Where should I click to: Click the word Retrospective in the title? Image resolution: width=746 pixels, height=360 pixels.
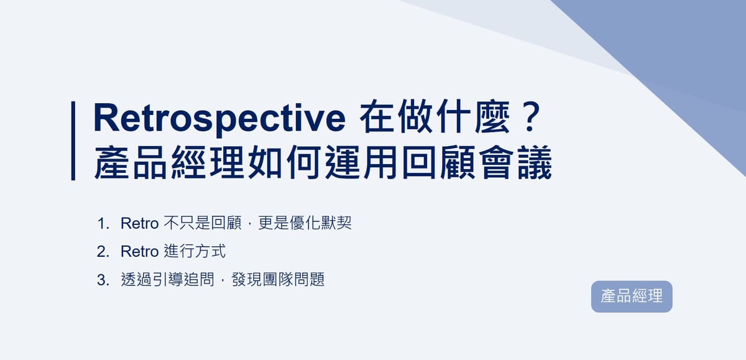pyautogui.click(x=219, y=119)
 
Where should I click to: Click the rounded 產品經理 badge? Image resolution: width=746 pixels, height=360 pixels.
pyautogui.click(x=632, y=297)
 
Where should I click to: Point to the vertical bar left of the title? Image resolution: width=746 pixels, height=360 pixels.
pyautogui.click(x=73, y=141)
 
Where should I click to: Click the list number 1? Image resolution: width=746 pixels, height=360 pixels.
pyautogui.click(x=101, y=223)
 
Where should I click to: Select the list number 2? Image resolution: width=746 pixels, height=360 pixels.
pyautogui.click(x=101, y=252)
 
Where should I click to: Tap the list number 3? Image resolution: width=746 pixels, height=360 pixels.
pyautogui.click(x=101, y=280)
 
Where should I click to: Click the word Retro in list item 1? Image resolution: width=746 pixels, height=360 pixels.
pyautogui.click(x=139, y=223)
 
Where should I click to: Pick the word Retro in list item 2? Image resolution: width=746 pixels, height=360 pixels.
pyautogui.click(x=139, y=252)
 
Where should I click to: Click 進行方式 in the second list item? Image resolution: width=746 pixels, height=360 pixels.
pyautogui.click(x=195, y=252)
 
